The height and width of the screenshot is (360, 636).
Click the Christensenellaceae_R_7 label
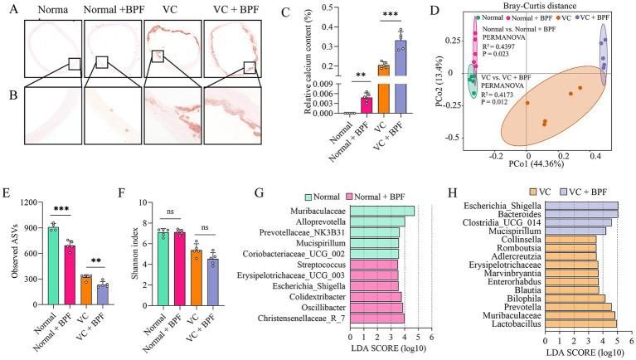[308, 318]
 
